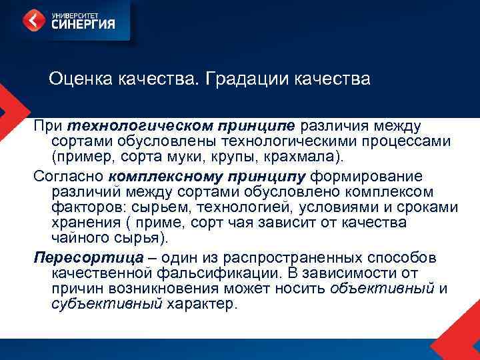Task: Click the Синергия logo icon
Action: (33, 20)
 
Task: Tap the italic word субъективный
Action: (107, 304)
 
